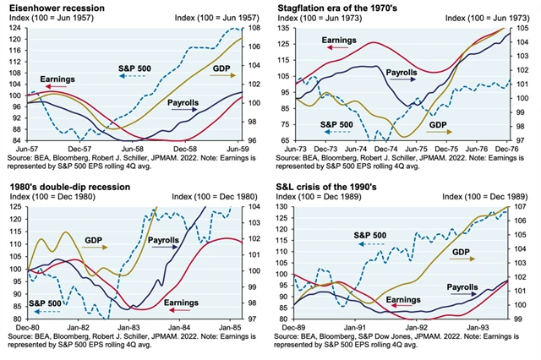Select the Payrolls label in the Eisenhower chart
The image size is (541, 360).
(183, 103)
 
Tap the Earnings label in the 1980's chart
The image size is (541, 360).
(181, 302)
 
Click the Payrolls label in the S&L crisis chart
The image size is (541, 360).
(463, 288)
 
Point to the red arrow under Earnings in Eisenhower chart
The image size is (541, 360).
(59, 87)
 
